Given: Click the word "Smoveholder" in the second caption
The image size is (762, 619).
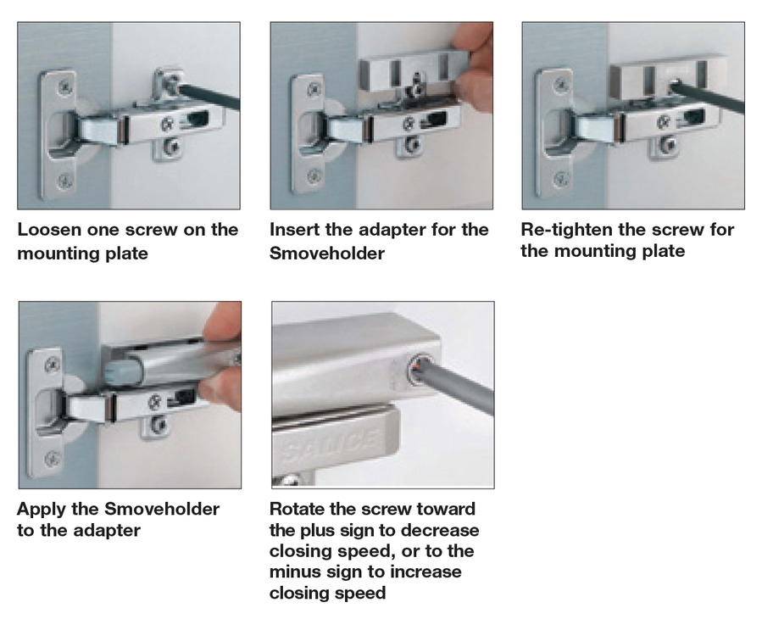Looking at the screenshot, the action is (327, 254).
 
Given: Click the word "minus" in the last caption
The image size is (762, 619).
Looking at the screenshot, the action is (295, 572).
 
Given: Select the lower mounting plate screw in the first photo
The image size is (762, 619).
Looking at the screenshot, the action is (170, 145).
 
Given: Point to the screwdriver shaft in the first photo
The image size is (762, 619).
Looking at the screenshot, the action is (209, 95).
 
